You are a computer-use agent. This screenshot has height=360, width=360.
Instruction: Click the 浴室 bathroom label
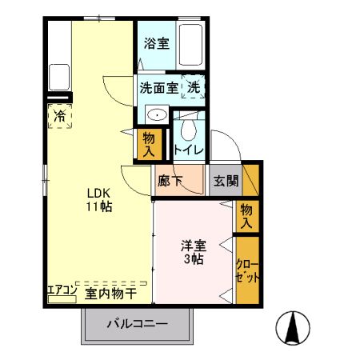pos(156,44)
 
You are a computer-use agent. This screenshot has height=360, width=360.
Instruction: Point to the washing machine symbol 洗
pos(194,86)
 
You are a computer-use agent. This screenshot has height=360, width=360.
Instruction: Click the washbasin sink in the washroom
pos(158,115)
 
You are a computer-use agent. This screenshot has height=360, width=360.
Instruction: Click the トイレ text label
pos(189,150)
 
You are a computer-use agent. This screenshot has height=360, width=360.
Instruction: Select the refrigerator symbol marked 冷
pos(60,117)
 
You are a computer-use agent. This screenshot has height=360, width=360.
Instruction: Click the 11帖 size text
pos(100,206)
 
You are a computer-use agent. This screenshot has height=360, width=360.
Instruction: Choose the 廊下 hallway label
pos(170,181)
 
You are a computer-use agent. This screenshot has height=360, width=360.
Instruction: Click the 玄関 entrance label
pos(224,181)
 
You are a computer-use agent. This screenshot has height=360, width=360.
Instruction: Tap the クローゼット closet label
pos(246,270)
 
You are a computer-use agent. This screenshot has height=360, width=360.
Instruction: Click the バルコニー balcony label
pos(138,325)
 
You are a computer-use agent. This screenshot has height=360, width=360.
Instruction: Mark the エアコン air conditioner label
pos(62,289)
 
